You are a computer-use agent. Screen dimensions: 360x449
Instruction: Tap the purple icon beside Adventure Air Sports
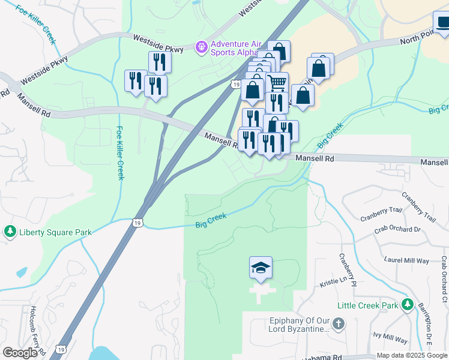point(202,46)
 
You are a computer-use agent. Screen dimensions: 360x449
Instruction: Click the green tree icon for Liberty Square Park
point(10,232)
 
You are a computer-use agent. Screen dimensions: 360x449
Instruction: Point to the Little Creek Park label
point(367,305)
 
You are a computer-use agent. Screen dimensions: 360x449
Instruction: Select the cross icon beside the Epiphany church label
point(339,325)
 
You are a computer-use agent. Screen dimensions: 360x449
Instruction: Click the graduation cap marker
point(261,267)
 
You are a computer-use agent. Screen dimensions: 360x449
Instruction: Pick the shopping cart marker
point(277,82)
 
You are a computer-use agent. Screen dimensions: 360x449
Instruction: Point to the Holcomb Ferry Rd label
point(35,326)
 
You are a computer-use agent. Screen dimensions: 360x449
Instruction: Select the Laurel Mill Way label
point(407,260)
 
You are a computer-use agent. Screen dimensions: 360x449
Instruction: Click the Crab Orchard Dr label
point(397,229)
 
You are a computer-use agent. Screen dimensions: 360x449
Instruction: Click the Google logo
point(20,353)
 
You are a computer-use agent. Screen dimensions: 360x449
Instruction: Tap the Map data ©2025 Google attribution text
point(412,355)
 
